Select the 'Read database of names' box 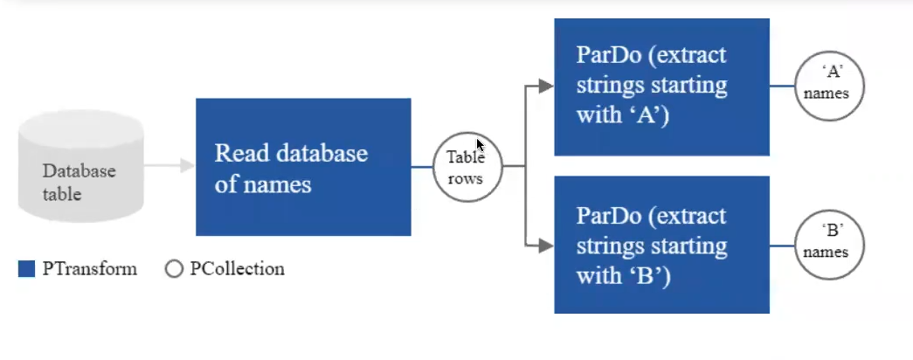[303, 167]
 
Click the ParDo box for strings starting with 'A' [662, 87]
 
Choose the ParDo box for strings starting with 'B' [662, 245]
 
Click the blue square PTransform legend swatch [27, 268]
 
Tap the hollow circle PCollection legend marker [174, 268]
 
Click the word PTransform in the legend [90, 268]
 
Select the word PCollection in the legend [237, 268]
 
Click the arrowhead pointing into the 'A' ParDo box [546, 87]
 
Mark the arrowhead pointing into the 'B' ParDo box [546, 246]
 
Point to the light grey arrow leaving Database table [169, 165]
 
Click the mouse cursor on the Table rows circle [480, 145]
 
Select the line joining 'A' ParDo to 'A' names [782, 87]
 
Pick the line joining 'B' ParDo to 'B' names [782, 246]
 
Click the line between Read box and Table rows [422, 167]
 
